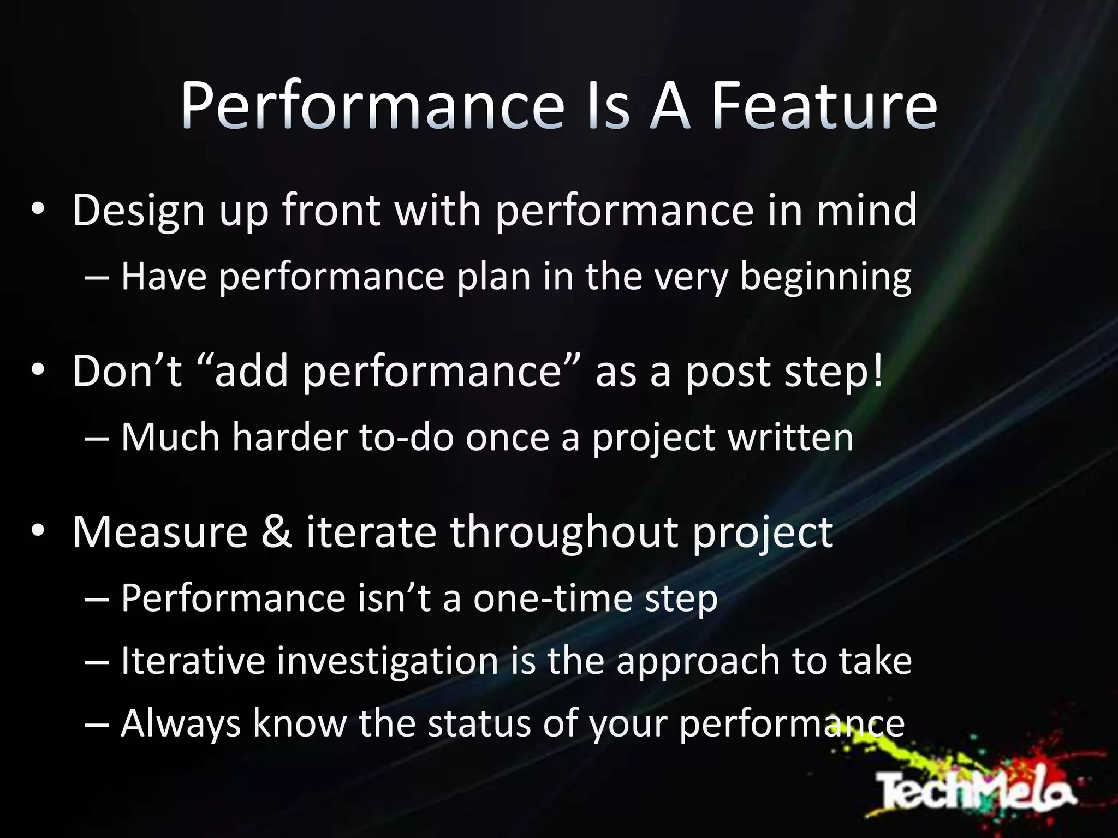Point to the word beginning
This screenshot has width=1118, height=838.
tap(825, 277)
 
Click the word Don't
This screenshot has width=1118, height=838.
tap(127, 371)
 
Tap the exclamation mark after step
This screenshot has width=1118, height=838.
tap(878, 371)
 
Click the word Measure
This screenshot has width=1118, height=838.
tap(160, 532)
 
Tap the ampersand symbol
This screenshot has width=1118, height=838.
tap(277, 532)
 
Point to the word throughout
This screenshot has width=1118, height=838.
tap(564, 532)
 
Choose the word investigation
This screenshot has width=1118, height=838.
tap(388, 661)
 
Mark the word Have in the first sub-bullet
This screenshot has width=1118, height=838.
tap(164, 276)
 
